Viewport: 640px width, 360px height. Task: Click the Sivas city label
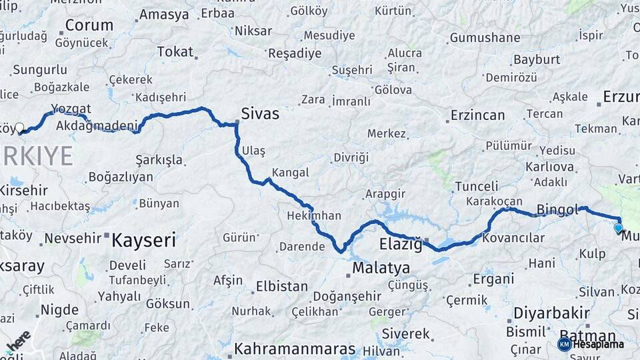coord(261,114)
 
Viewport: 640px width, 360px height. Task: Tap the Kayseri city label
coord(143,240)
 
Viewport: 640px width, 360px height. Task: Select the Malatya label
coord(381,269)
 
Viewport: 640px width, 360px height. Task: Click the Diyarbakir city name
coord(551,313)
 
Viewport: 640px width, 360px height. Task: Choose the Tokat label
coord(175,51)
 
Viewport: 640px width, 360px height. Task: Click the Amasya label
coord(164,15)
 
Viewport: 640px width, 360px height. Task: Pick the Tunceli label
coord(476,187)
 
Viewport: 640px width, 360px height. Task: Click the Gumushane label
coord(485,38)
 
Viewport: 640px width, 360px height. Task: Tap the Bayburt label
coord(536,60)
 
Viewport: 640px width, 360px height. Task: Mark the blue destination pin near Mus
coord(619,228)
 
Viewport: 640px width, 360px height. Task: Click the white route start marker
coord(19,127)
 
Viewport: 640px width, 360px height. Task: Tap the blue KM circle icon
coord(564,344)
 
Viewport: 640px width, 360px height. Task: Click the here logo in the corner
coord(18,342)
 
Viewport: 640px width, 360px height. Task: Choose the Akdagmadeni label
coord(97,125)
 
